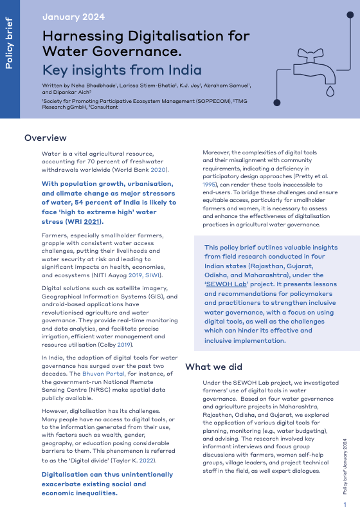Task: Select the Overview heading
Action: point(45,138)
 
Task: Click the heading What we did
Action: point(213,367)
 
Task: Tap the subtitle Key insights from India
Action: point(122,70)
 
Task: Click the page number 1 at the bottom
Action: point(345,504)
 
